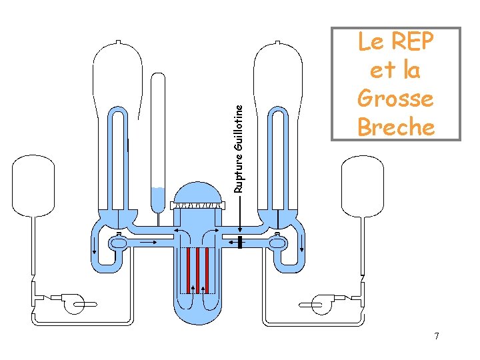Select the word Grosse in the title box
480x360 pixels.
[395, 98]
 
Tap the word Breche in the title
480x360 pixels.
[395, 126]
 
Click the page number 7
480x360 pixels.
[437, 336]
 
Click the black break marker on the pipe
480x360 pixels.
[239, 241]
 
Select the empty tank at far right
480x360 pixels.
[361, 187]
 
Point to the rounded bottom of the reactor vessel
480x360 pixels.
[197, 313]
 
